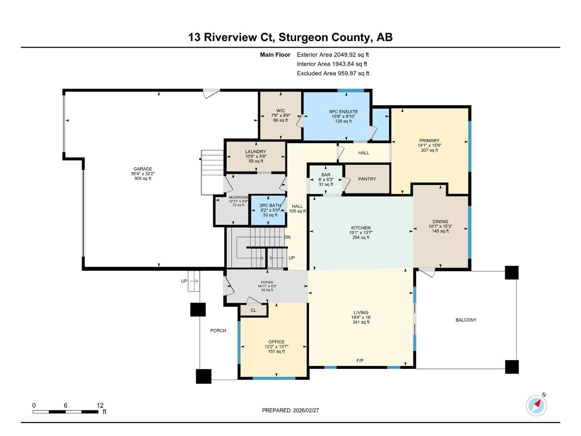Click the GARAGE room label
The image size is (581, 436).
[x=143, y=169]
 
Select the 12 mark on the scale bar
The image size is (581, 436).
[x=100, y=405]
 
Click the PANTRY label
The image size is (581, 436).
[x=367, y=179]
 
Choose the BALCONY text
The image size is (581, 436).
[x=466, y=320]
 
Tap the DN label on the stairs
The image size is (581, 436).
[x=287, y=237]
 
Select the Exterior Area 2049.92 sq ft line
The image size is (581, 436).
[x=333, y=55]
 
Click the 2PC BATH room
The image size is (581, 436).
[x=270, y=210]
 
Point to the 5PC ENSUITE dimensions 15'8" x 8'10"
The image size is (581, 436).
[x=343, y=116]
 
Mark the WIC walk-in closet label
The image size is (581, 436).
[x=281, y=111]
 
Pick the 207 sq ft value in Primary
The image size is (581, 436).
[x=429, y=150]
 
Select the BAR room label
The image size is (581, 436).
[x=326, y=175]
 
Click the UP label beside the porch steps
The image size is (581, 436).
[x=184, y=281]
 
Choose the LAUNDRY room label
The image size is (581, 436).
[x=256, y=152]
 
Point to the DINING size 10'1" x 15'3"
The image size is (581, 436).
[x=440, y=226]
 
